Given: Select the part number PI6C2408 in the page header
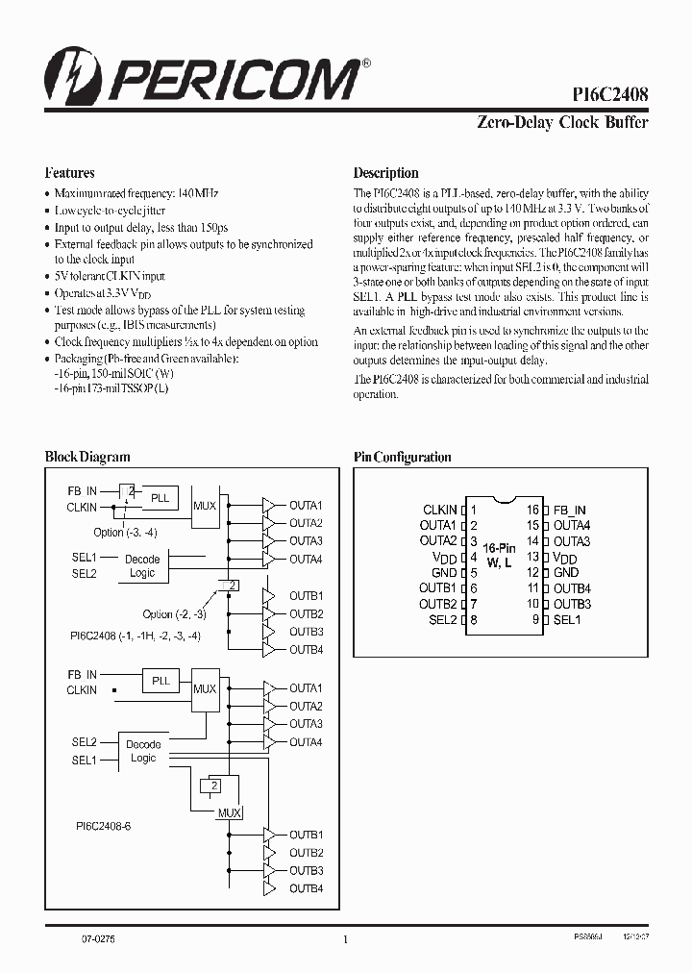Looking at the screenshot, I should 608,94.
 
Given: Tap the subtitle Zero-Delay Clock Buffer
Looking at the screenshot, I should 562,122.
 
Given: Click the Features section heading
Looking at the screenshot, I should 69,173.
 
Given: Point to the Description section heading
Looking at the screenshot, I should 385,173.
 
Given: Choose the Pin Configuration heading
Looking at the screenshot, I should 402,457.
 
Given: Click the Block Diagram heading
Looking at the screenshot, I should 87,457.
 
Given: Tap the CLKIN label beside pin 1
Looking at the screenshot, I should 439,511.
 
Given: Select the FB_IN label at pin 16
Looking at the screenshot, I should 570,511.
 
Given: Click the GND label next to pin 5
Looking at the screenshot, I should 444,573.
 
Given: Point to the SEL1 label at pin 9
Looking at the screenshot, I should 567,620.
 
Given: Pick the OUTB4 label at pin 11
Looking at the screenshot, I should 572,588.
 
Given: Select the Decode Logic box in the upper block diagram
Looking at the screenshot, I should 142,565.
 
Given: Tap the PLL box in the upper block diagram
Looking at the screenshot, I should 160,498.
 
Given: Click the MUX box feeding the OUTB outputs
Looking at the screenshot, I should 229,811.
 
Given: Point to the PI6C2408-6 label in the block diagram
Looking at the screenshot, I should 103,826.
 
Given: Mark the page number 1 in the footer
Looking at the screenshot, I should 345,940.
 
